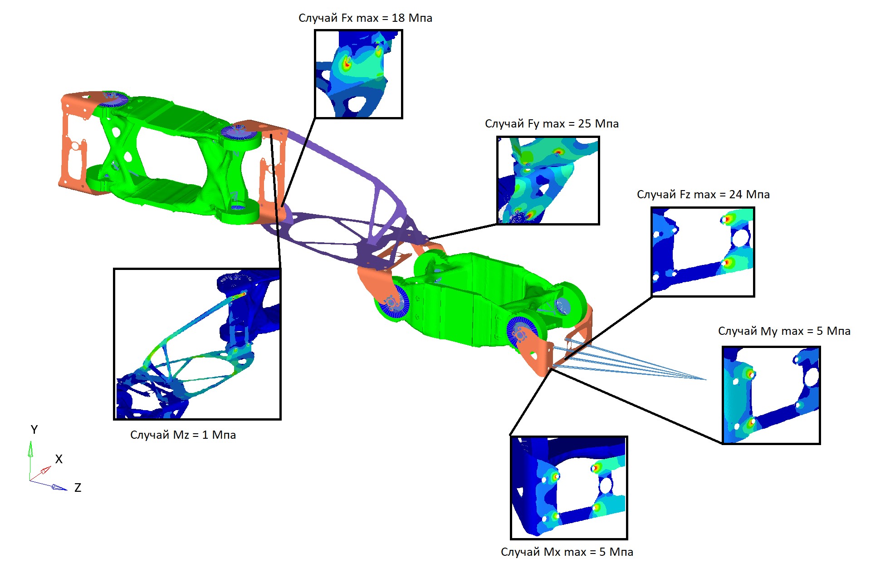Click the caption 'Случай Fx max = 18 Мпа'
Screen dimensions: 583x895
[x=365, y=18]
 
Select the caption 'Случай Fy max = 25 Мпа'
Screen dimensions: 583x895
[x=552, y=124]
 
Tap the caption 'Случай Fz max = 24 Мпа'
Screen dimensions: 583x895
[x=703, y=195]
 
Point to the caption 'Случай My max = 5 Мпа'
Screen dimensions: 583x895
[x=784, y=331]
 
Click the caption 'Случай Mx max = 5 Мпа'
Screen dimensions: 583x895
[x=567, y=552]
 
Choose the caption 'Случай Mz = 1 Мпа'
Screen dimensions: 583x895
[x=183, y=435]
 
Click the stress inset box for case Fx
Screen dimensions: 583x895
[x=358, y=74]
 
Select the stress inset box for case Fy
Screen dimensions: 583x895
[x=548, y=180]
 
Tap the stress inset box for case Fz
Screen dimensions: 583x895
[x=703, y=252]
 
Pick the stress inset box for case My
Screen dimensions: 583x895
[x=771, y=395]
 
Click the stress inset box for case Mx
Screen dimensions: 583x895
[x=569, y=488]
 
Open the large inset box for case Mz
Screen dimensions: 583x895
[x=197, y=344]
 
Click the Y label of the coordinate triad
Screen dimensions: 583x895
[x=34, y=430]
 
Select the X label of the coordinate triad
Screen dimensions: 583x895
[x=59, y=459]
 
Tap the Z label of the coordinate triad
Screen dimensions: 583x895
[x=78, y=488]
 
